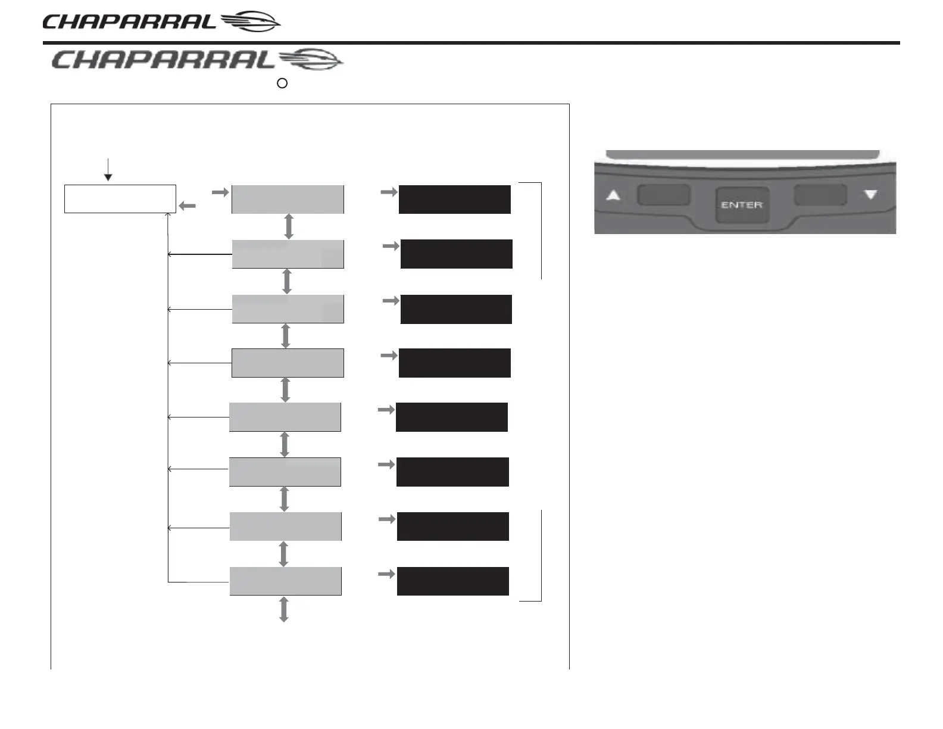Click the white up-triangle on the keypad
(x=613, y=195)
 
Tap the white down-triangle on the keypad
(x=871, y=194)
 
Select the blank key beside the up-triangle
(x=663, y=195)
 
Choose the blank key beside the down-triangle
(x=820, y=195)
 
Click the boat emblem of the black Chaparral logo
(x=250, y=23)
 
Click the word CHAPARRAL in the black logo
(x=129, y=23)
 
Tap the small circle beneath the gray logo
(x=283, y=84)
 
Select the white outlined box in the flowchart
(x=120, y=199)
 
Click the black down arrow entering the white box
(x=108, y=169)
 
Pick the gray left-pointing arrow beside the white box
(x=188, y=205)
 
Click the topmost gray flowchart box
(x=288, y=200)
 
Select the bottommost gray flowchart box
(x=285, y=581)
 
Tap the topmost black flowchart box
(x=454, y=200)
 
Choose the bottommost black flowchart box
(x=452, y=581)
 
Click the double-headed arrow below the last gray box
(x=284, y=609)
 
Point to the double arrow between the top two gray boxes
(x=289, y=226)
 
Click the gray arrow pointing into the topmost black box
(x=389, y=192)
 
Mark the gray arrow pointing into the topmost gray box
(x=220, y=192)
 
